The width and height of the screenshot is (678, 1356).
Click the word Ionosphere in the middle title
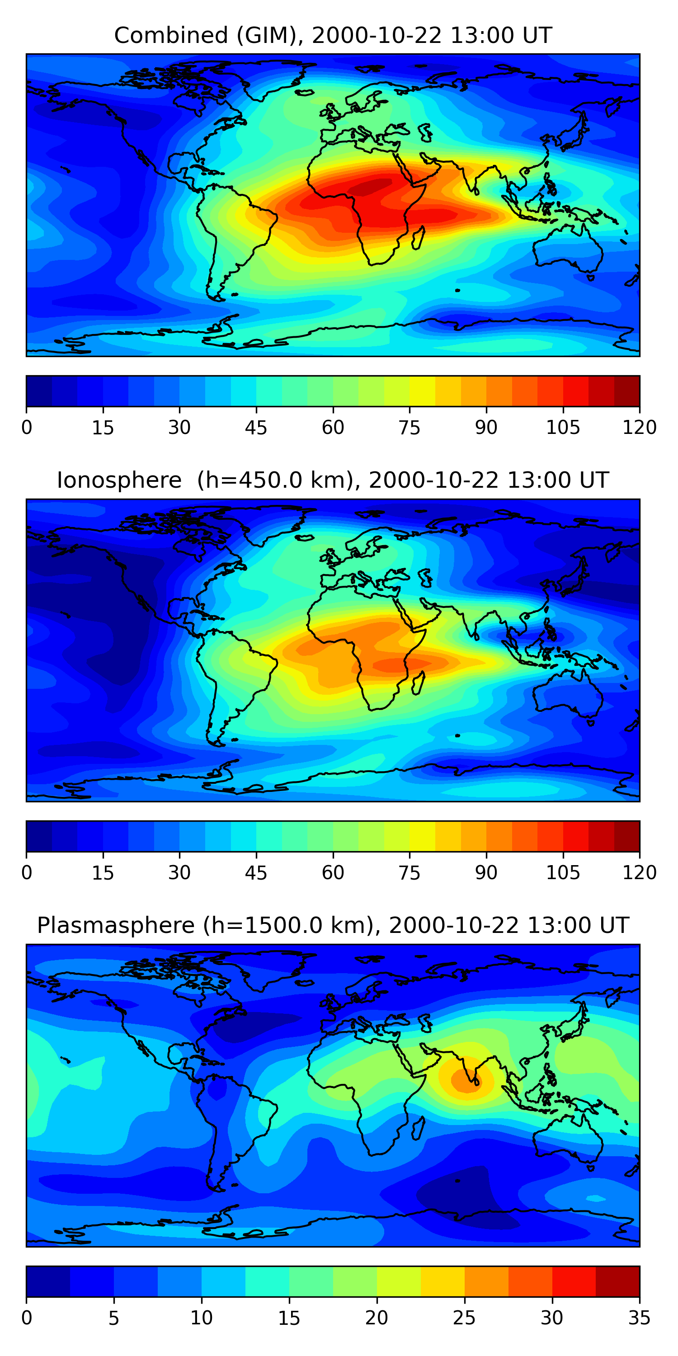[x=119, y=480]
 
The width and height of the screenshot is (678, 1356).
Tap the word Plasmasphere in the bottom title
[x=116, y=925]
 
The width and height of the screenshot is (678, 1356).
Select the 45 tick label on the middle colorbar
[x=256, y=872]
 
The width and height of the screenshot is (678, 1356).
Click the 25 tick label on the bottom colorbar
[x=464, y=1318]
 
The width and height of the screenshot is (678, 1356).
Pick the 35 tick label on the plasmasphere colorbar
[x=639, y=1318]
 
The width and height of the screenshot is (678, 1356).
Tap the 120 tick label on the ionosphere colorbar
[x=639, y=872]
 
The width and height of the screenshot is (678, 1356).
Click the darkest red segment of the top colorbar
[x=626, y=391]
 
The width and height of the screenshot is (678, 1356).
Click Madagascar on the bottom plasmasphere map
[x=418, y=1128]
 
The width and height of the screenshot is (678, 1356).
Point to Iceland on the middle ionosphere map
[x=304, y=538]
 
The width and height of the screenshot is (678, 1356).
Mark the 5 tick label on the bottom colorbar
[x=114, y=1318]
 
